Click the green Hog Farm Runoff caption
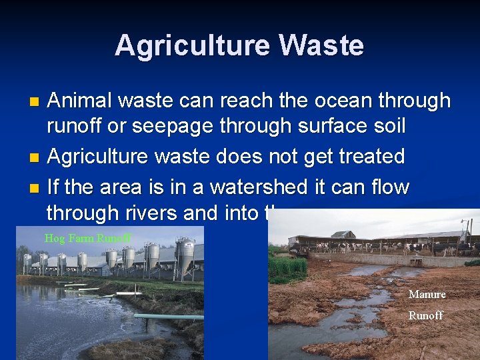[87, 238]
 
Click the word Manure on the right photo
[427, 294]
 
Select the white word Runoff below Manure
[425, 315]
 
